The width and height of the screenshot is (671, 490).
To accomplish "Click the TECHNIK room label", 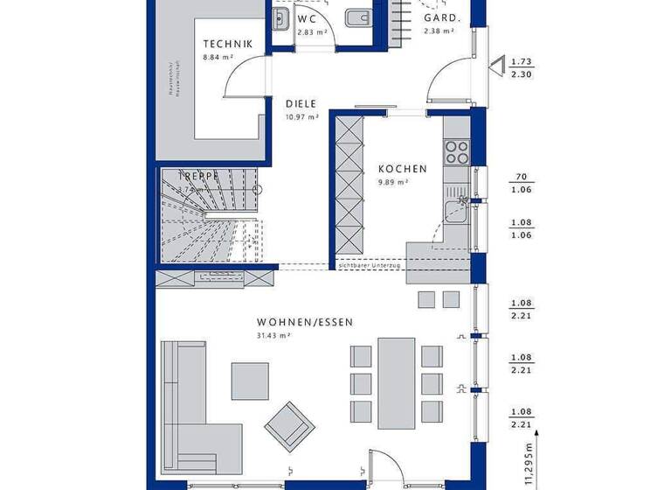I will tap(228, 45).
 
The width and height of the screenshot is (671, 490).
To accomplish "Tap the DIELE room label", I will tap(301, 102).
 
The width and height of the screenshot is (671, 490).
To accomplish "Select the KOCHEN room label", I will tap(403, 169).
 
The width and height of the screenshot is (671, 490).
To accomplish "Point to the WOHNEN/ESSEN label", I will tap(305, 322).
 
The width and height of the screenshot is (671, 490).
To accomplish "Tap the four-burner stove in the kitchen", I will tap(457, 152).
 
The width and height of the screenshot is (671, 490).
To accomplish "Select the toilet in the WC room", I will tap(356, 18).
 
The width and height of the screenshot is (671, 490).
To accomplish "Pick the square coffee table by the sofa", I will tap(250, 381).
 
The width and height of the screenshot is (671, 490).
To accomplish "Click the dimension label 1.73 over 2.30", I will tap(522, 68).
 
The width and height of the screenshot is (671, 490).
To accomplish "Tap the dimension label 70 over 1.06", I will tap(522, 183).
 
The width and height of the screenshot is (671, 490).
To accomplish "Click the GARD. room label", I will tap(439, 17).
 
